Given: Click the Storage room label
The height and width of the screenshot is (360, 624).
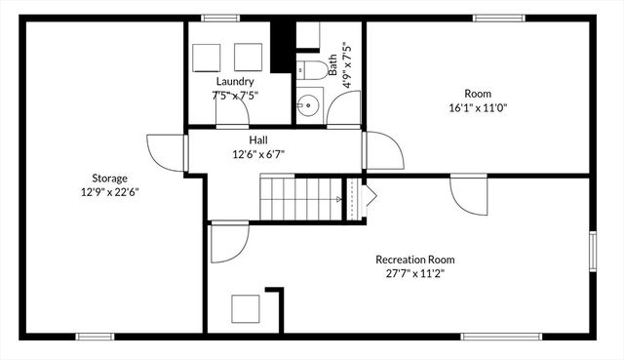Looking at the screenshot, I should [x=109, y=178].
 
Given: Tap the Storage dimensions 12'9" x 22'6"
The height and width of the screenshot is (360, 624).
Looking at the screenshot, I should [x=109, y=191].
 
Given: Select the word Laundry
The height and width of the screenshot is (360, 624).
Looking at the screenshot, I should [x=235, y=82].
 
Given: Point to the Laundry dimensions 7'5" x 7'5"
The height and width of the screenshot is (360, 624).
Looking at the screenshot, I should [x=235, y=96].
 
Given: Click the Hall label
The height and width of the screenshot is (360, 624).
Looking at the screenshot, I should [x=257, y=140].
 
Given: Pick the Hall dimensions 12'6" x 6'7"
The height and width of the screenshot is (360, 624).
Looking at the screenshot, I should [x=257, y=154].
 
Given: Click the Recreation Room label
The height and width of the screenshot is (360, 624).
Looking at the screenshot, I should [x=415, y=260].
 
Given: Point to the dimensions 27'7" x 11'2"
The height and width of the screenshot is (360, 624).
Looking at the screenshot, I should [x=415, y=273].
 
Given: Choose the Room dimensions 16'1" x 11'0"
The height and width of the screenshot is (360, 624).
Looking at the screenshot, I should [x=478, y=107].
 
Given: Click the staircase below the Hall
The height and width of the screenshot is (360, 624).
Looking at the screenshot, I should [x=302, y=198].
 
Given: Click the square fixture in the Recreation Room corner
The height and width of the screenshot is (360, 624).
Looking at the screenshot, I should [x=246, y=309].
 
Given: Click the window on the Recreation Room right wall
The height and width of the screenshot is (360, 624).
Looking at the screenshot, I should [x=592, y=250].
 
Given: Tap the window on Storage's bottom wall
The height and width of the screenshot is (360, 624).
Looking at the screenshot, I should [x=95, y=337].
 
